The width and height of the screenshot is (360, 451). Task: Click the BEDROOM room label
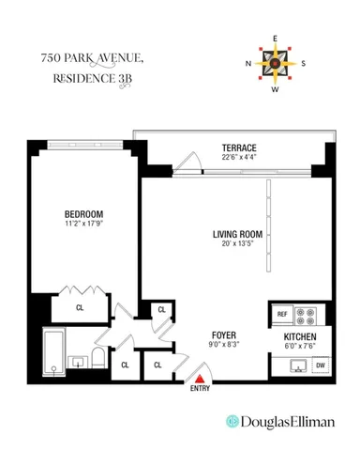coord(83,213)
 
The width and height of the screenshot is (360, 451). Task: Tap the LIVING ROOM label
coord(237,235)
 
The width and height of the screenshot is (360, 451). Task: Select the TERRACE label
coord(239,148)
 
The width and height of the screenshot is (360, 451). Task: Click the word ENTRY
coord(200,388)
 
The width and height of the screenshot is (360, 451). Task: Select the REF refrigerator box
coord(280,314)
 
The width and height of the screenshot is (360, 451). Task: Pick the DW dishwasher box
coord(320,365)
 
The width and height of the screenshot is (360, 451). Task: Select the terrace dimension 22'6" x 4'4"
coord(239,159)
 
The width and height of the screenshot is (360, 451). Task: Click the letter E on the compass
coord(276,39)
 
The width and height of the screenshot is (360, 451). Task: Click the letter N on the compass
coord(250,64)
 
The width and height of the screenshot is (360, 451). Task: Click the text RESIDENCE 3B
coord(91,79)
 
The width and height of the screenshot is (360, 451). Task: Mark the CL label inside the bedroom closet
coord(80,306)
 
